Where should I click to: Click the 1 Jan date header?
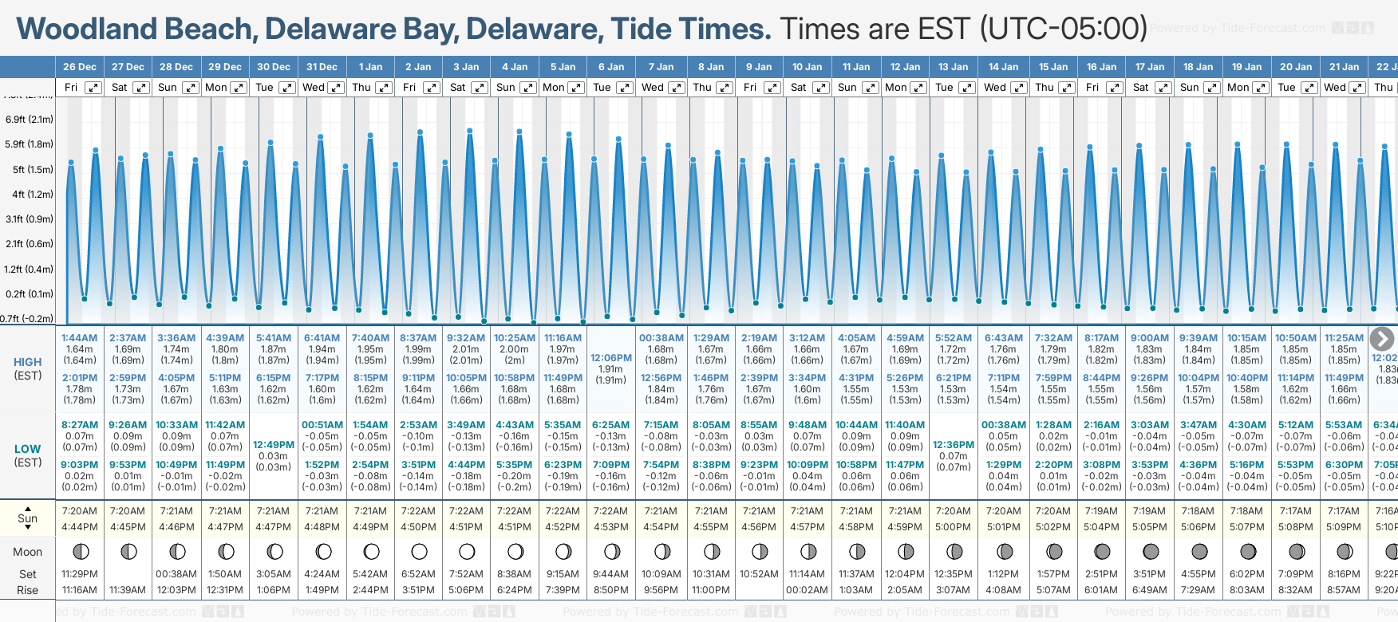pos(370,67)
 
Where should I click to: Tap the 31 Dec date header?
pos(322,67)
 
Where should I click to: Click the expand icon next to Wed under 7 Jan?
pos(676,88)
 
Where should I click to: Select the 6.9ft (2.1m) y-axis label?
pos(30,120)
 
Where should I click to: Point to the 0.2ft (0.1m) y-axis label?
pos(30,293)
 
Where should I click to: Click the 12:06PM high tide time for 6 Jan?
pos(611,358)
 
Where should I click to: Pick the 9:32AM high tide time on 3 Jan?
pos(466,338)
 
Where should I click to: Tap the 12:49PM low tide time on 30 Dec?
pos(274,445)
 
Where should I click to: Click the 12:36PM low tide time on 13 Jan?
pos(954,445)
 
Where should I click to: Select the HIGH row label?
pos(28,362)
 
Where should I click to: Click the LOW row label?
pos(28,449)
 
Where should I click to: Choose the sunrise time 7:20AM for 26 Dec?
pos(80,511)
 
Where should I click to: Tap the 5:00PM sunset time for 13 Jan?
pos(954,527)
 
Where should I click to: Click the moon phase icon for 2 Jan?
pos(419,551)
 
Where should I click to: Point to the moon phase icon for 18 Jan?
pos(1199,551)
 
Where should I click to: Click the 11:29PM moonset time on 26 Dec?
pos(80,574)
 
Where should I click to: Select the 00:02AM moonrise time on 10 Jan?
pos(807,590)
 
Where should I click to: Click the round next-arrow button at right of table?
pos(1381,339)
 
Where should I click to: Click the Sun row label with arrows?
pos(28,518)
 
